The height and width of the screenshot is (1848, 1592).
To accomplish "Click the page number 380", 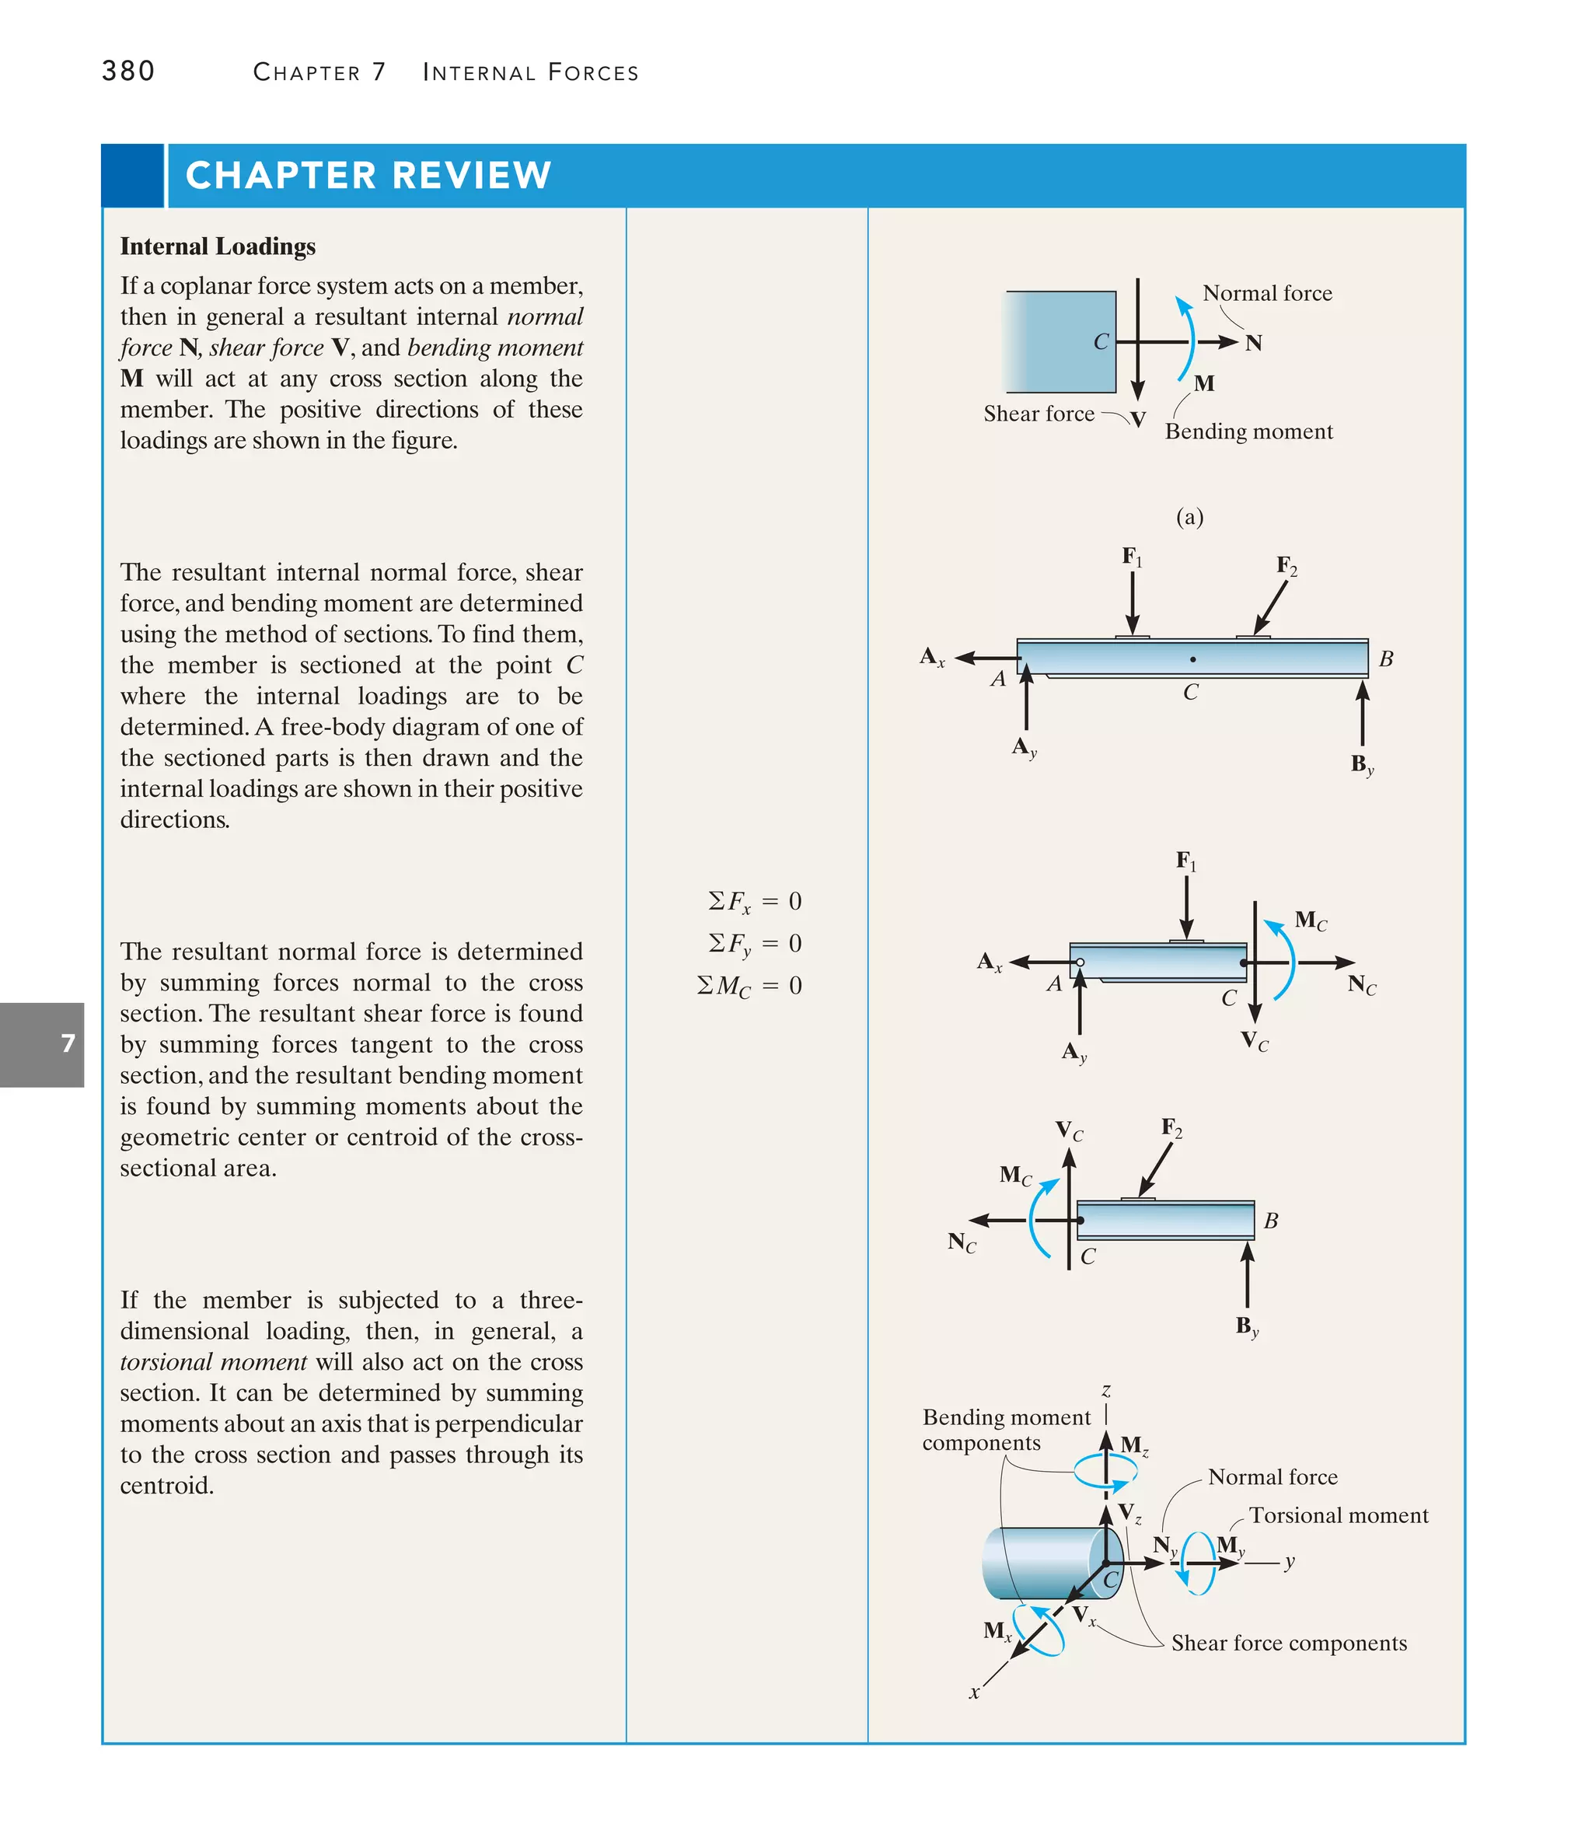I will point(128,71).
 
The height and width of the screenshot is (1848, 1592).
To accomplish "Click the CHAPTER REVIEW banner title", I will point(368,176).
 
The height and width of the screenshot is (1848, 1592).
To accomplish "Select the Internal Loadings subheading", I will point(218,246).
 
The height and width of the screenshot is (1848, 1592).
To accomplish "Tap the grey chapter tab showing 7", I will point(42,1043).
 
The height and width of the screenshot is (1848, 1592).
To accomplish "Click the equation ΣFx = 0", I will point(755,902).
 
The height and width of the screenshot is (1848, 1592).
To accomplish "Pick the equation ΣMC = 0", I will point(749,986).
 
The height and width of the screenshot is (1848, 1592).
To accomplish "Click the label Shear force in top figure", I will point(1039,414).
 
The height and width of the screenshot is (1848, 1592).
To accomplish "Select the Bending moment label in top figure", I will point(1248,431).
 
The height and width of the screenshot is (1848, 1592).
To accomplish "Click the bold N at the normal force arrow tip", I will point(1253,344).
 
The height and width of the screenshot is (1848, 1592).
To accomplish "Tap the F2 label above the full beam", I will point(1286,565).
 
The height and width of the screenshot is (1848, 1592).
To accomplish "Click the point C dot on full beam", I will point(1192,660).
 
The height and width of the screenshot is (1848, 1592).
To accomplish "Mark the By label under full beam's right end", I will point(1361,764).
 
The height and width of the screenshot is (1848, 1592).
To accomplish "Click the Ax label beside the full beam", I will point(931,657).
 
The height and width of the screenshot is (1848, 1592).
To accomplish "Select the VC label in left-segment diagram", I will point(1254,1041).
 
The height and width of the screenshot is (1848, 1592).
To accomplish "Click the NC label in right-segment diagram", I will point(962,1242).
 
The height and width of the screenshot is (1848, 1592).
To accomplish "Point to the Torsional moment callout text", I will point(1338,1515).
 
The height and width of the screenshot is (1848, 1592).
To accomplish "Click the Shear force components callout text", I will point(1288,1643).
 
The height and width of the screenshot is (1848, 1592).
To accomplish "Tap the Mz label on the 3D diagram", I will point(1133,1445).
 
